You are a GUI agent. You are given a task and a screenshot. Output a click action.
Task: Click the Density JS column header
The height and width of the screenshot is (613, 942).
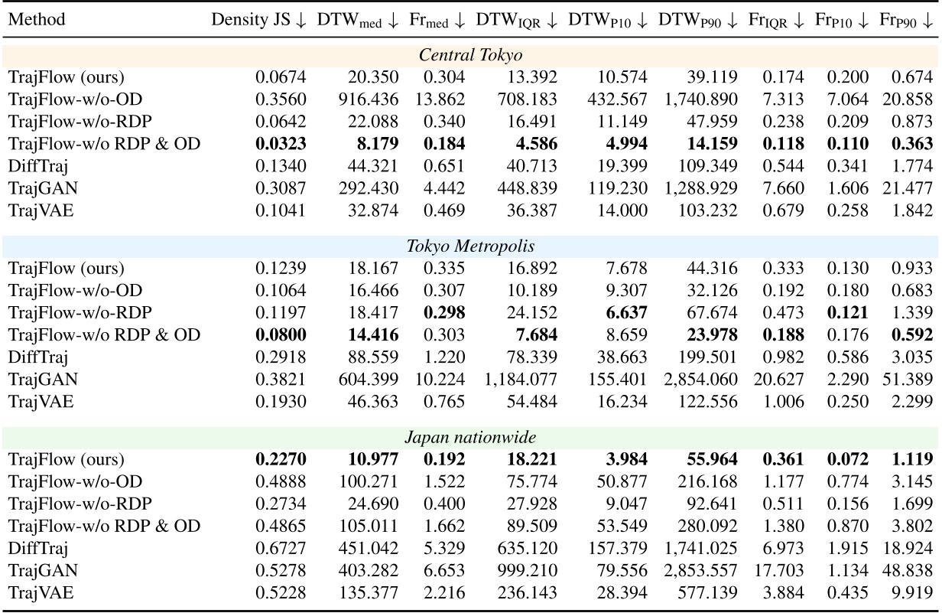pos(259,20)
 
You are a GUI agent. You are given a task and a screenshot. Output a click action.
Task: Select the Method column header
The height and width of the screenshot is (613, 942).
pos(37,20)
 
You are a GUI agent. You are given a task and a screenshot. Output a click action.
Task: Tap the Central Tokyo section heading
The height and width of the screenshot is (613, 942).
pos(470,56)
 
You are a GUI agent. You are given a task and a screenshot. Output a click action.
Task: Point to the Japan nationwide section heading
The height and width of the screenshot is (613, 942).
pos(470,439)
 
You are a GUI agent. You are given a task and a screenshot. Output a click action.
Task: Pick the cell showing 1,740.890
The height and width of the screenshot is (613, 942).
pos(700,99)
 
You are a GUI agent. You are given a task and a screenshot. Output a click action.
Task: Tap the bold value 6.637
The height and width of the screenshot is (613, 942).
pos(628,312)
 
